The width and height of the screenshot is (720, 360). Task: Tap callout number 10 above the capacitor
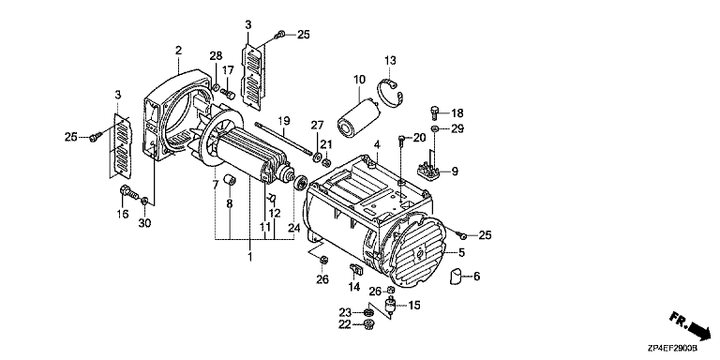point(360,80)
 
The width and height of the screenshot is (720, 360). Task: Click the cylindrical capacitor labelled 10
point(358,118)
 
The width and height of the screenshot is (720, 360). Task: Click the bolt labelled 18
point(435,112)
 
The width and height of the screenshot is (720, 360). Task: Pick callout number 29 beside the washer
point(457,129)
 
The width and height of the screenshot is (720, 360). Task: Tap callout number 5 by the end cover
point(461,252)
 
